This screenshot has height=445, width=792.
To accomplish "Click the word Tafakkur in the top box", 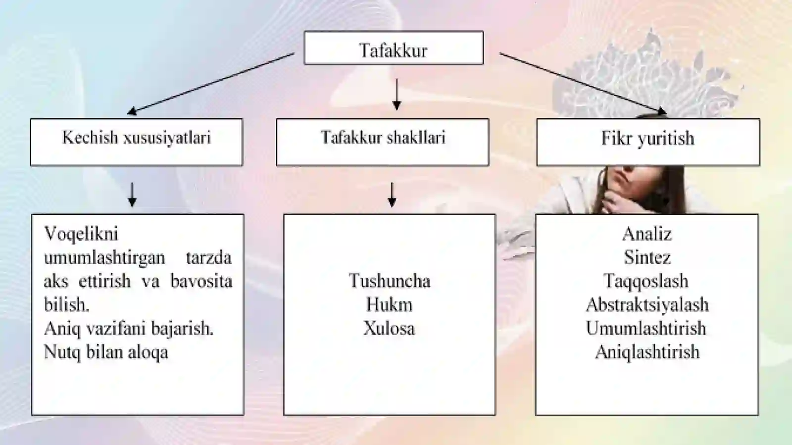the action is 393,50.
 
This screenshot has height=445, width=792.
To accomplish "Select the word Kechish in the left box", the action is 90,137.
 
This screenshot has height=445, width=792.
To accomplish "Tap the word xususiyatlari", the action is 167,137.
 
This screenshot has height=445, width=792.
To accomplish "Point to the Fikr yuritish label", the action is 648,138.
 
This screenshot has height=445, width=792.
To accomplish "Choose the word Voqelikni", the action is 81,234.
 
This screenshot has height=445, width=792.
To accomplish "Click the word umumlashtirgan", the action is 104,258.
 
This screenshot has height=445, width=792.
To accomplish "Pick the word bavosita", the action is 201,281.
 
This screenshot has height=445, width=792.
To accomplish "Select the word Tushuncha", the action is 389,281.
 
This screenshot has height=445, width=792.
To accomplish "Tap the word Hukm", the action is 389,305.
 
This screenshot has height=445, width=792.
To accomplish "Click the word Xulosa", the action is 389,328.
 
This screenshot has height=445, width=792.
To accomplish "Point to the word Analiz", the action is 647,234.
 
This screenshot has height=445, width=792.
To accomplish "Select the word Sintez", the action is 647,257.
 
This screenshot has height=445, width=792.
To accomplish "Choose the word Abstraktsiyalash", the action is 647,305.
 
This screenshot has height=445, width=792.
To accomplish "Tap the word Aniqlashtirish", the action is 647,352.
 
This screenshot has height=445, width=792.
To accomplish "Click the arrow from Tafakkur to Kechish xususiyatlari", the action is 210,84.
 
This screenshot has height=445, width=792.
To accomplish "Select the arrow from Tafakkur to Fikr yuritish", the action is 584,84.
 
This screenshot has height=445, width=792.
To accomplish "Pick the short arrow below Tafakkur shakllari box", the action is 392,195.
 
